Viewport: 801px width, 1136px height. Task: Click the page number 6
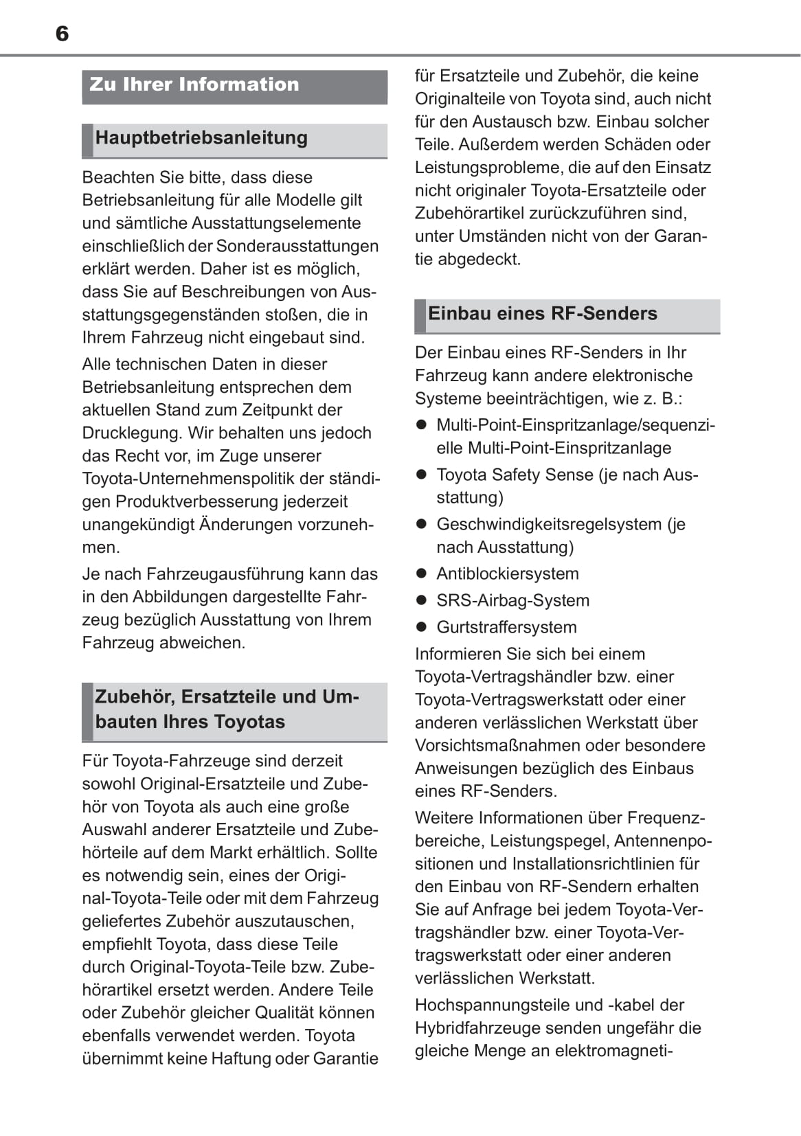tap(62, 34)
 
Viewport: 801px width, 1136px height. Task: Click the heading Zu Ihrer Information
tap(194, 84)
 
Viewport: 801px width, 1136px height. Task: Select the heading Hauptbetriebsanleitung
tap(201, 138)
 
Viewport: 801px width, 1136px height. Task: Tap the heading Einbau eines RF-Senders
tap(542, 314)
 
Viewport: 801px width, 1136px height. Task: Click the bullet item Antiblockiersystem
tap(508, 573)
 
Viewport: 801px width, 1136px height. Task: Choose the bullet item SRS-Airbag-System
tap(512, 600)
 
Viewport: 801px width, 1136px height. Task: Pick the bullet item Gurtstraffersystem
tap(506, 627)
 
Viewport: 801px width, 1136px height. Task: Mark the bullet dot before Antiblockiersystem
tap(422, 573)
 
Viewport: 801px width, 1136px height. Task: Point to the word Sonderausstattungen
tap(297, 246)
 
